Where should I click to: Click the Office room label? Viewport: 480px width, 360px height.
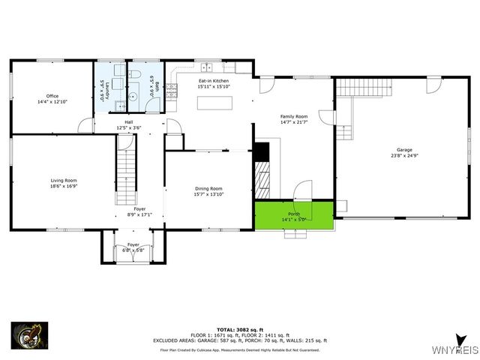[52, 98]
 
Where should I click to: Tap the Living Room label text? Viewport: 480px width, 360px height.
[64, 183]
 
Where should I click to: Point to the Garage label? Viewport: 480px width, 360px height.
[404, 153]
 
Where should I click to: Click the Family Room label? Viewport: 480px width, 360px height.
[294, 119]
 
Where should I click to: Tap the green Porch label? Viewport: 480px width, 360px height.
[294, 216]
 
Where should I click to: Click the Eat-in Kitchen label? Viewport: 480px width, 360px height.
[213, 83]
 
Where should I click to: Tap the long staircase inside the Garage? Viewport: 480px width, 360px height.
[363, 87]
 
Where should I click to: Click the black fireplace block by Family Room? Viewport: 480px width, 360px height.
[261, 151]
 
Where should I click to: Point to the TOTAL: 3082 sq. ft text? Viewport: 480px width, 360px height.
[238, 329]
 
